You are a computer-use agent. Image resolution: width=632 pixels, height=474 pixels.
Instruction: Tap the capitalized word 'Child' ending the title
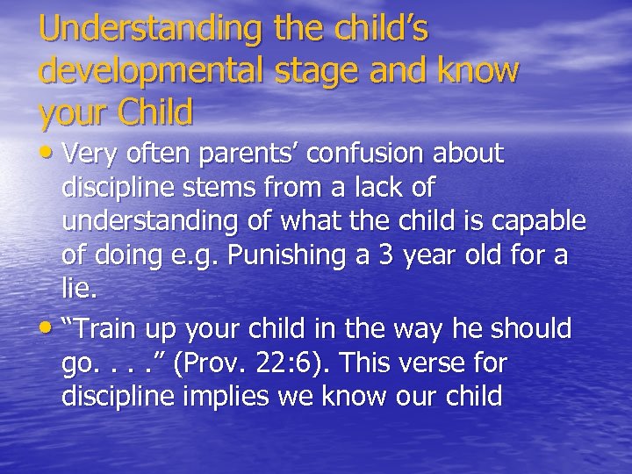[x=148, y=112]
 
